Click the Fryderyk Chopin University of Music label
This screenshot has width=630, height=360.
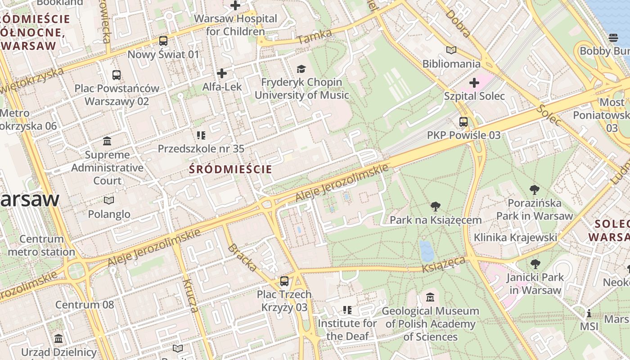(301, 89)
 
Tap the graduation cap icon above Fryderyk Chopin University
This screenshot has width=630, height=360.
(301, 69)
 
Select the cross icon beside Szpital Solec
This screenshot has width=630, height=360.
(474, 83)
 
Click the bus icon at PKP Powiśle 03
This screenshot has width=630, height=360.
(463, 122)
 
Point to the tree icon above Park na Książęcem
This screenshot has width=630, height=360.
(435, 207)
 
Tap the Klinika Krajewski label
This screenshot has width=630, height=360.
(515, 237)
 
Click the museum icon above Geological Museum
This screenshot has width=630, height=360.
(430, 297)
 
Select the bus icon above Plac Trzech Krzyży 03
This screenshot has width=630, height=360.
(284, 281)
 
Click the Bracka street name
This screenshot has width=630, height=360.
(243, 258)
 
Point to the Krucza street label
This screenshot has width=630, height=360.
(191, 296)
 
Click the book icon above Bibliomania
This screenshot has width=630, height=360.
(451, 50)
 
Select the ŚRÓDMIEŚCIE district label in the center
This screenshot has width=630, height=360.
(230, 169)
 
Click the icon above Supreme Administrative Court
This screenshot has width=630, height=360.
(107, 141)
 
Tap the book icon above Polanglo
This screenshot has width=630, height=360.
(109, 200)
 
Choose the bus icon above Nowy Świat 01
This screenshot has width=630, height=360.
(163, 41)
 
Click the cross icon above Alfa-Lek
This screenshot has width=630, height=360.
(221, 73)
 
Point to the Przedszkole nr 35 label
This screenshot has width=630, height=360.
(201, 148)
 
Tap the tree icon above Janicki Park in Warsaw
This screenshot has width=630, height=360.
(535, 264)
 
